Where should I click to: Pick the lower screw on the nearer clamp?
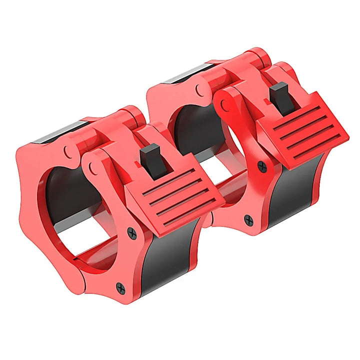(120, 287)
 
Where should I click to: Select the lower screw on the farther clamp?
(248, 218)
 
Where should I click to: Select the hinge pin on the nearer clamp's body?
(66, 149)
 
